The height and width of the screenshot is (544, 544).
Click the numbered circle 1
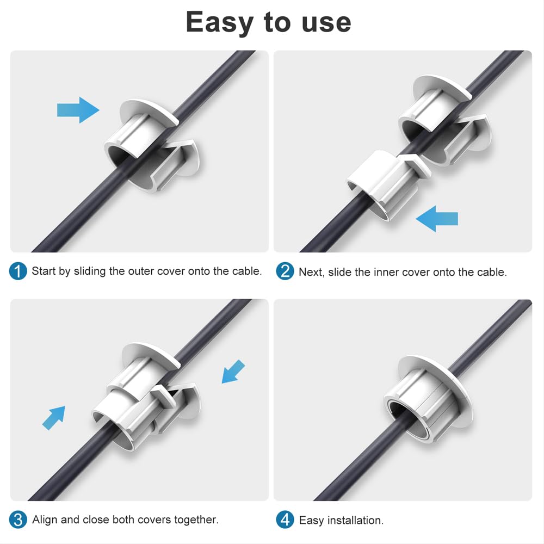tap(18, 271)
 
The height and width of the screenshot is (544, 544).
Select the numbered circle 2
tap(285, 271)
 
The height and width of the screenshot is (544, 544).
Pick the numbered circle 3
tap(18, 520)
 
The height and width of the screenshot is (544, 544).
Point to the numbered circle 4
tap(285, 520)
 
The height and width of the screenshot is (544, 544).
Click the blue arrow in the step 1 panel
tap(78, 110)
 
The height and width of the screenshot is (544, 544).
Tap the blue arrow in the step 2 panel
tap(437, 219)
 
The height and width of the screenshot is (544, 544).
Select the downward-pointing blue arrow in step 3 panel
tap(233, 372)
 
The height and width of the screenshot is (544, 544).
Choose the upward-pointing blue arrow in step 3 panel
tap(54, 418)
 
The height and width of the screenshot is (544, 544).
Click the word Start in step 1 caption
tap(44, 271)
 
